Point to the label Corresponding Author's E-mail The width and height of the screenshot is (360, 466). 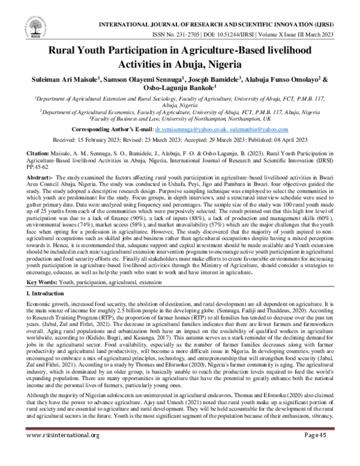pos(120,129)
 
